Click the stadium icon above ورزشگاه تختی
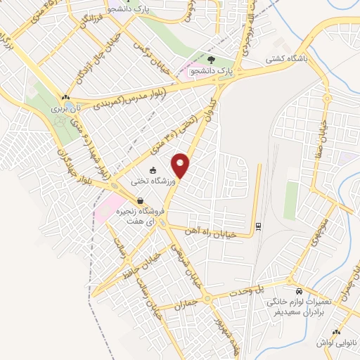point(153,169)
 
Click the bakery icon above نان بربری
point(65,98)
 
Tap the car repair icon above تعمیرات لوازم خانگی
point(299,290)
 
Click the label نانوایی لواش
point(337,342)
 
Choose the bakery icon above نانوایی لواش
point(336,331)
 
